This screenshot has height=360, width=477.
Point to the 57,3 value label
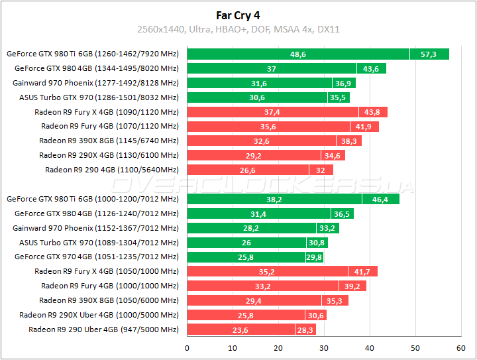pyautogui.click(x=429, y=54)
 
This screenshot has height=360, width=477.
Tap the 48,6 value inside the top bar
pyautogui.click(x=298, y=54)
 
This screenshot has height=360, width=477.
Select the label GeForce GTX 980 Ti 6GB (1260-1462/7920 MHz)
pyautogui.click(x=93, y=54)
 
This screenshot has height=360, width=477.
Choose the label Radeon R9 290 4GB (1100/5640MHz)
pyautogui.click(x=112, y=169)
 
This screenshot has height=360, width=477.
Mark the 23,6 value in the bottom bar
pyautogui.click(x=240, y=330)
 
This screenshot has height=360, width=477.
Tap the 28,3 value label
pyautogui.click(x=305, y=330)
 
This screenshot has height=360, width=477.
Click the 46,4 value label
pyautogui.click(x=380, y=199)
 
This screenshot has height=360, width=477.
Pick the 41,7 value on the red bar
pyautogui.click(x=362, y=271)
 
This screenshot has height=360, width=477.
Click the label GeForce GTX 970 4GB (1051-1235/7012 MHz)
pyautogui.click(x=97, y=257)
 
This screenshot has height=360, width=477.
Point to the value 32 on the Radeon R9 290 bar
pyautogui.click(x=321, y=170)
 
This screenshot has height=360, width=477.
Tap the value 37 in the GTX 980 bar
pyautogui.click(x=272, y=69)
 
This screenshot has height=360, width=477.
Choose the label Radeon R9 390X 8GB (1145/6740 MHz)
pyautogui.click(x=109, y=141)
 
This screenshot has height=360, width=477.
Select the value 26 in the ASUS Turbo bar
pyautogui.click(x=246, y=243)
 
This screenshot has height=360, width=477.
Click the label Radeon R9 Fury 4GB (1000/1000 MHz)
pyautogui.click(x=110, y=286)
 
